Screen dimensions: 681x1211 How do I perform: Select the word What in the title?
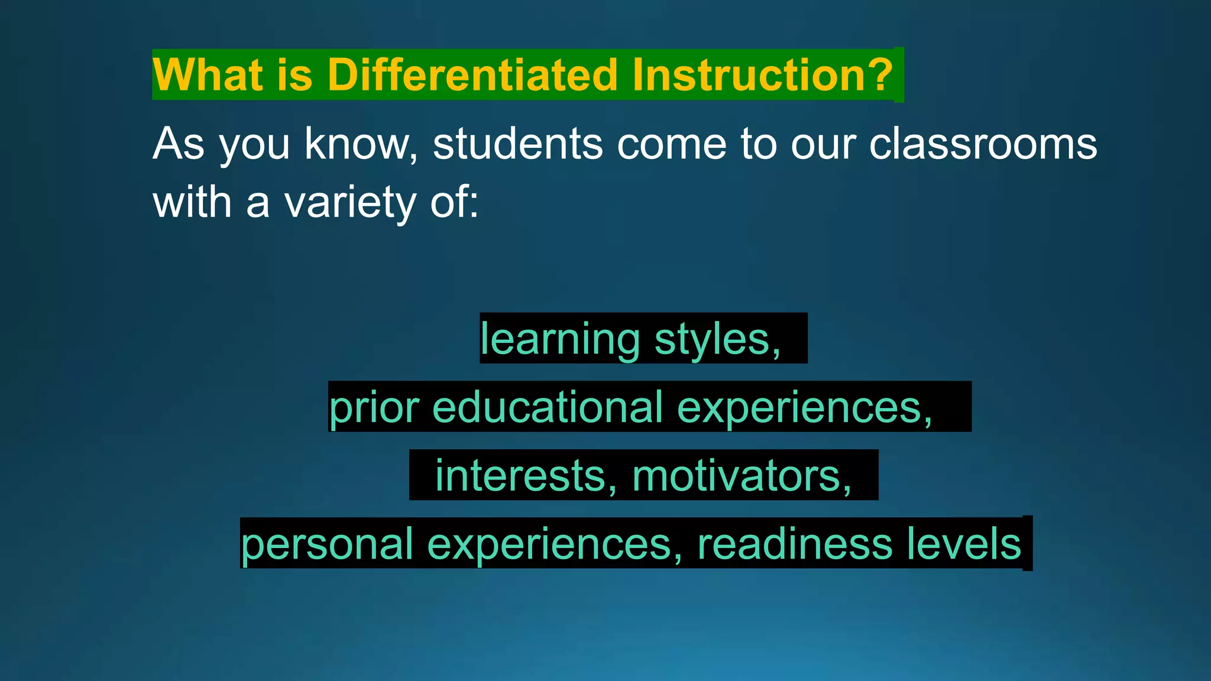click(x=207, y=75)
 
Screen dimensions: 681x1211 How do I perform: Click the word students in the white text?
click(x=517, y=144)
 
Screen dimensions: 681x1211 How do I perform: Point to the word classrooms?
click(x=983, y=144)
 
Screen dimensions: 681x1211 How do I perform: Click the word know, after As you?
click(x=361, y=144)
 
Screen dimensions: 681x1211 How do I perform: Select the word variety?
click(x=350, y=203)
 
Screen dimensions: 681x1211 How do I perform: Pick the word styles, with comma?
click(x=718, y=339)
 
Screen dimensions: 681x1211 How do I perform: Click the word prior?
click(x=374, y=407)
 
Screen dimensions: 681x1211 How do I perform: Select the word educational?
click(x=548, y=407)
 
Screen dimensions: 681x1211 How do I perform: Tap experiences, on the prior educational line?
click(x=804, y=407)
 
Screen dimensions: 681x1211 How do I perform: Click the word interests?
click(x=526, y=476)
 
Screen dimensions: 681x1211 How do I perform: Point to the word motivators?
click(x=742, y=476)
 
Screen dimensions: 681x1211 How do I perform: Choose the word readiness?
click(x=795, y=544)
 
